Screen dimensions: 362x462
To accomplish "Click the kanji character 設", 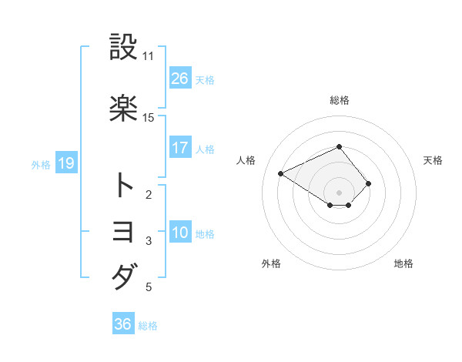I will [123, 49].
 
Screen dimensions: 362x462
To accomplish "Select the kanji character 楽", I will [123, 108].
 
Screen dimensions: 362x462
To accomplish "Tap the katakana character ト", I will [123, 186].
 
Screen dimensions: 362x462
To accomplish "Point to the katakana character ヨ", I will [123, 232].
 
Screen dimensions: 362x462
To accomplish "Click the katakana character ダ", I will [123, 277].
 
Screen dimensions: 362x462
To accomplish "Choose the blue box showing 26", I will [179, 79].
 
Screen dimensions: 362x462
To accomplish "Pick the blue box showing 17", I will [179, 148].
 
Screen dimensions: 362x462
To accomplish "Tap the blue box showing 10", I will [179, 233].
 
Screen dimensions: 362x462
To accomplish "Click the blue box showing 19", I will [65, 163].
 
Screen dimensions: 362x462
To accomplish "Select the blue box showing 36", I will [122, 324].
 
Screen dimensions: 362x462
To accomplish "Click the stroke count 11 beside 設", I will [149, 56].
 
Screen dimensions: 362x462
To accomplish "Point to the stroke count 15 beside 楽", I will [149, 117].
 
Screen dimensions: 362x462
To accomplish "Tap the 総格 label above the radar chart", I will [340, 100].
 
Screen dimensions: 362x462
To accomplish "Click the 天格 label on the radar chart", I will [434, 160].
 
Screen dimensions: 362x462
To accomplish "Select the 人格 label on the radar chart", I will [246, 160].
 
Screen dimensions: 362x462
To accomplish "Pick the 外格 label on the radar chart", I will [271, 263].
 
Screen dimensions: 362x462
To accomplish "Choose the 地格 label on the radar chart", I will [403, 263].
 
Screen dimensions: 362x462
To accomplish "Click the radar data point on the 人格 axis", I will [281, 173].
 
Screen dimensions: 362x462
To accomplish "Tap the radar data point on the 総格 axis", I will [339, 146].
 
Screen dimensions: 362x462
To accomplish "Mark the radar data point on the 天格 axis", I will [369, 183].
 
